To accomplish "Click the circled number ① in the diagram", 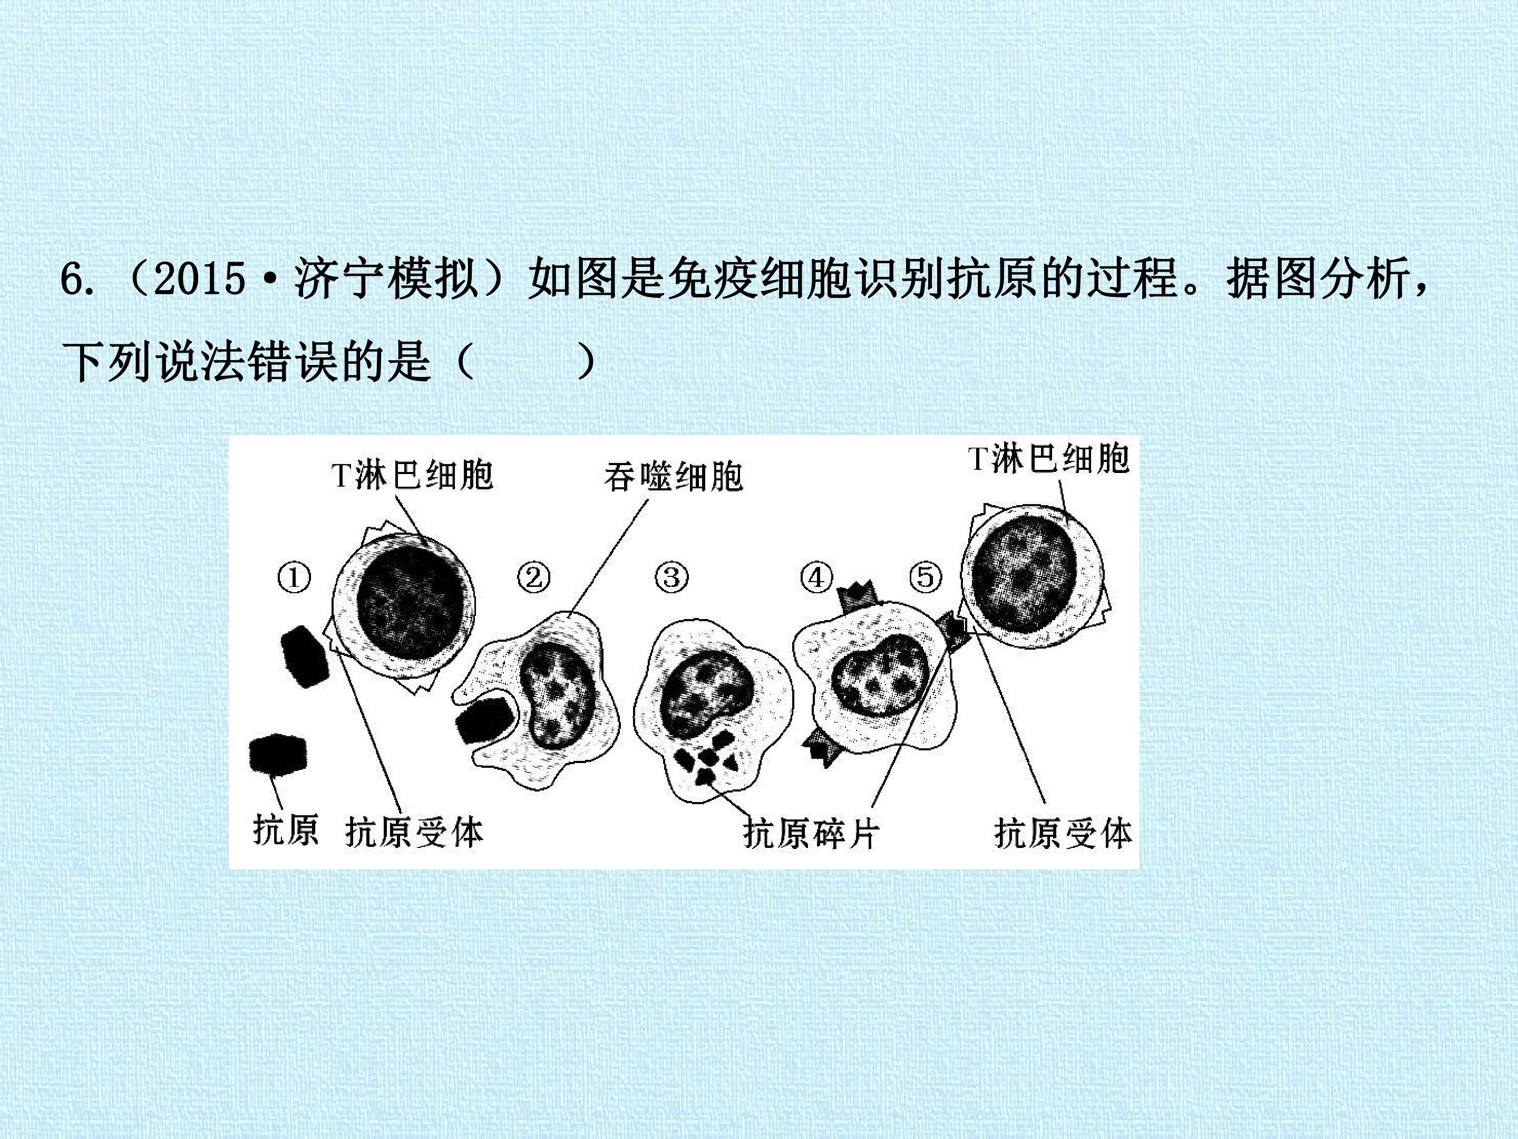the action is click(x=294, y=577).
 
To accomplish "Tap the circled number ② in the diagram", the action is click(x=533, y=577).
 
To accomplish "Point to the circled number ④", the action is click(x=816, y=577).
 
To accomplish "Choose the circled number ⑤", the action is click(x=925, y=577).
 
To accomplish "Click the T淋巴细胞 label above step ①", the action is click(x=412, y=475).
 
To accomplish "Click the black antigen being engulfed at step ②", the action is click(x=486, y=720).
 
